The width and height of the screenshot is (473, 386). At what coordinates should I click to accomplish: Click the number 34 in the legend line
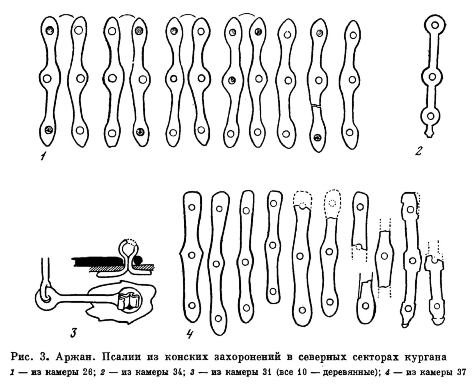(x=177, y=373)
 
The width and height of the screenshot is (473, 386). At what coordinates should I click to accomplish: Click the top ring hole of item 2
(x=435, y=25)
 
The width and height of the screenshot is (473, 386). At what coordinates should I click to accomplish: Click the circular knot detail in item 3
(x=129, y=300)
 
